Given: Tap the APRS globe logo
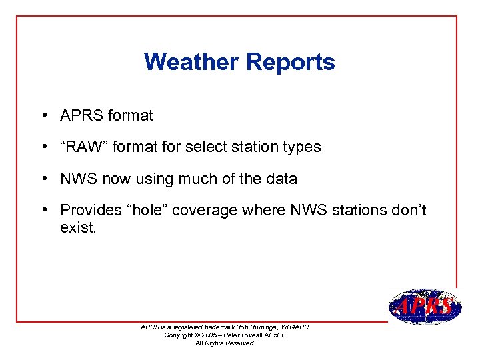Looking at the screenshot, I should [x=425, y=307].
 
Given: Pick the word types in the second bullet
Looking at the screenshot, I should [x=302, y=147].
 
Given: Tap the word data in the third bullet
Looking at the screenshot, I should [x=281, y=179].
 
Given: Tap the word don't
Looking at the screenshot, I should [x=408, y=210].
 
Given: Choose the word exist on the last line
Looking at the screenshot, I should [x=78, y=228].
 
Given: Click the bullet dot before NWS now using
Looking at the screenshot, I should [x=42, y=179].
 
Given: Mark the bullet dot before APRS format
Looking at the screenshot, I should [x=42, y=115].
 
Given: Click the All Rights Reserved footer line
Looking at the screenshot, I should [x=224, y=343].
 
